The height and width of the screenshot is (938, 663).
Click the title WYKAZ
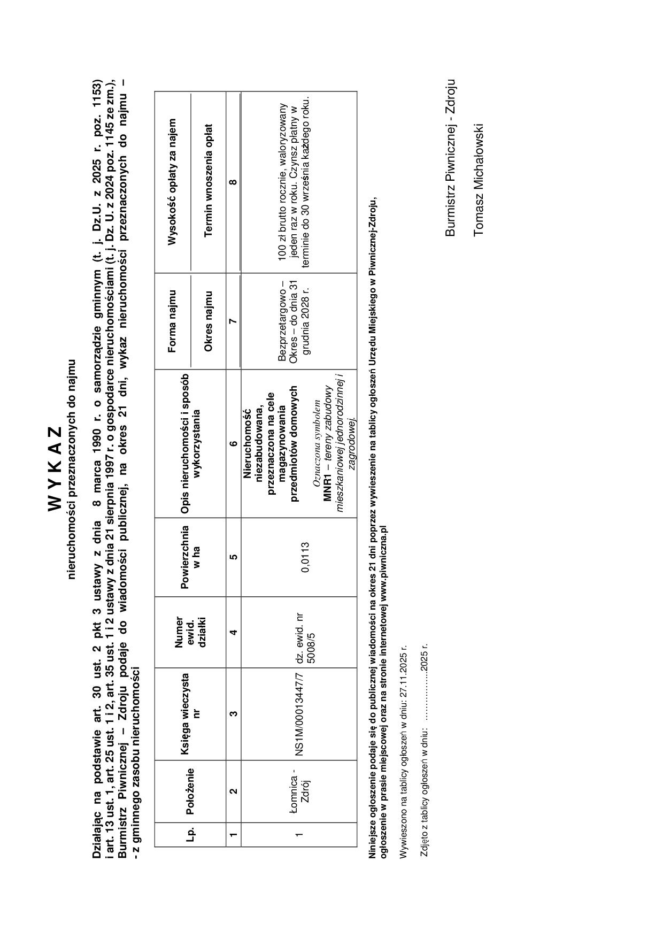tap(57, 468)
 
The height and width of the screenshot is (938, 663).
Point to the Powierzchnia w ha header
tap(190, 557)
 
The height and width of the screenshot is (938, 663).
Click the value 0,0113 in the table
tap(305, 557)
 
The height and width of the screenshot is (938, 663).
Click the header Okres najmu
tap(209, 321)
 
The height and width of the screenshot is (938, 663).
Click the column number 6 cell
tap(233, 443)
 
